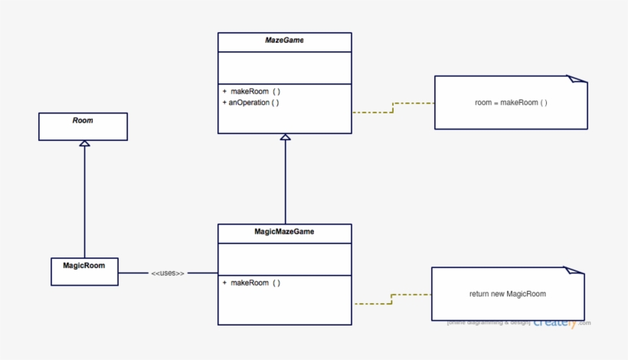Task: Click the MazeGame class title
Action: coord(284,41)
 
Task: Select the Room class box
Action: coord(83,126)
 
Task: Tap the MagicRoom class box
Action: coord(84,271)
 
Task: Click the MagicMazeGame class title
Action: coord(284,231)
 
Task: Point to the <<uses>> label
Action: coord(168,273)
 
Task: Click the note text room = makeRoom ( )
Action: coord(511,102)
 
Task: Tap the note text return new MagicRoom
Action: coord(507,293)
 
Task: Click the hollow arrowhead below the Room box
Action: coord(84,144)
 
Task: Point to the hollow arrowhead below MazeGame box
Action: coord(285,138)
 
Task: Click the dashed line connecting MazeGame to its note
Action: coord(393,106)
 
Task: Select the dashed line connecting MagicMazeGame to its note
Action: coord(392,298)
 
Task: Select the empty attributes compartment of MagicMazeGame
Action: coord(284,259)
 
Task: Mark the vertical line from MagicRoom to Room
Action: coord(84,203)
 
